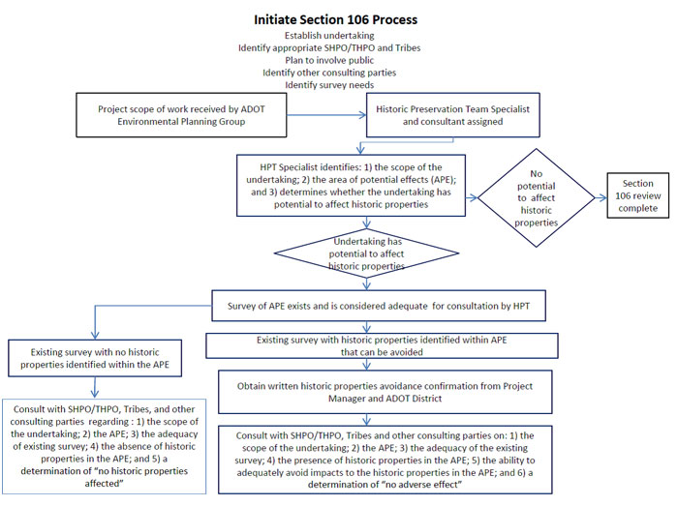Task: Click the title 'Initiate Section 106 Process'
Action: point(335,20)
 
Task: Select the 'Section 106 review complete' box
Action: point(637,195)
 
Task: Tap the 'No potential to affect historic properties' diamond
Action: point(537,197)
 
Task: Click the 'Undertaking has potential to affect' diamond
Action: point(367,253)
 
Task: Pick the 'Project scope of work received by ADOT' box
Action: point(181,115)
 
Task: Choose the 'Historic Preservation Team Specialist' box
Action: point(452,115)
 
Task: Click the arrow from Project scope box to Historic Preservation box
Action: point(326,115)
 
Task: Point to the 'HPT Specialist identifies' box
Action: point(351,186)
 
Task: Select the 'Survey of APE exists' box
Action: point(379,306)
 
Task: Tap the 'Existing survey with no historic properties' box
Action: point(95,358)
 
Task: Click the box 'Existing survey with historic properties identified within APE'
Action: point(382,345)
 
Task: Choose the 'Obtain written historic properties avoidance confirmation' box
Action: point(385,392)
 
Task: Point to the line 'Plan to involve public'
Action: point(329,60)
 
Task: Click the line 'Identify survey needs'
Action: point(329,85)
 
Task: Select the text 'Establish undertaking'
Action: point(329,36)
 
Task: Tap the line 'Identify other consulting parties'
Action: point(329,73)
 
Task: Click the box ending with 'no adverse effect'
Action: point(385,460)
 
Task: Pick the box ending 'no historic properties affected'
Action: point(105,446)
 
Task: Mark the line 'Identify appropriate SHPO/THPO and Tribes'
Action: point(329,48)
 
